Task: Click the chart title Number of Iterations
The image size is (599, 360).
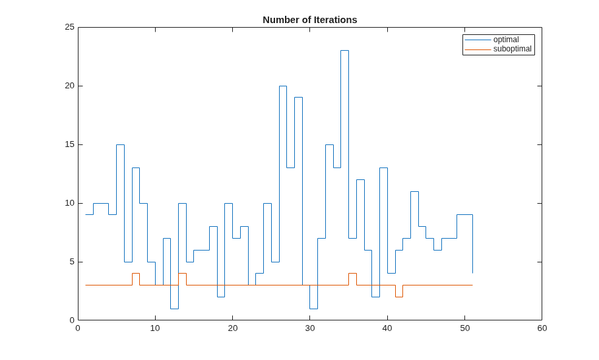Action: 310,20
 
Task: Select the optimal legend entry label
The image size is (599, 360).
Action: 506,40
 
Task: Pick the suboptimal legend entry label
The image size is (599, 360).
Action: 513,49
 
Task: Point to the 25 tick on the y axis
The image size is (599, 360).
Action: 69,27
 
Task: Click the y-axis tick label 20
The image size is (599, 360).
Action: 69,86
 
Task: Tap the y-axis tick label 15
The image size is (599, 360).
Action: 69,144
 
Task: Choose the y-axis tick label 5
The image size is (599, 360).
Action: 72,262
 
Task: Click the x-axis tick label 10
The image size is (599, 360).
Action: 155,328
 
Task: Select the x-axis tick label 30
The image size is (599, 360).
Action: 310,328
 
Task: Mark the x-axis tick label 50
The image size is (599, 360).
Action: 464,328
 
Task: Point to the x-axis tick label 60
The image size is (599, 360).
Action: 542,328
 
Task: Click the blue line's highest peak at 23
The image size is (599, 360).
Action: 344,50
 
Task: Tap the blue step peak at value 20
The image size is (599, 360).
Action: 283,86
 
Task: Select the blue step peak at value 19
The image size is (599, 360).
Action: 298,98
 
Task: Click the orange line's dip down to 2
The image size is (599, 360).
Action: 399,297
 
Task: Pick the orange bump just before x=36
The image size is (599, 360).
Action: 352,274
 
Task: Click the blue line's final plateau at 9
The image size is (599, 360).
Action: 464,214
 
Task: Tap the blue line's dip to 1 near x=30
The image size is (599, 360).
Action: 313,309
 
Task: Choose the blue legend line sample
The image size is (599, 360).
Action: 478,40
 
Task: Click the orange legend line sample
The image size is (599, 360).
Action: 478,49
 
